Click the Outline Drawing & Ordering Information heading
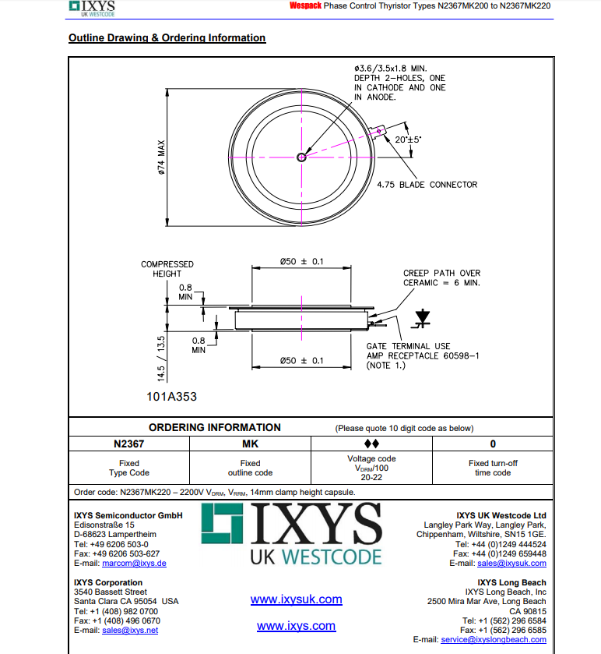pos(167,38)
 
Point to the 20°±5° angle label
pos(407,139)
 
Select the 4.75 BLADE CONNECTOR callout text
pos(427,185)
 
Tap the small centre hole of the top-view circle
pos(302,157)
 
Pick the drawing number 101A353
pos(171,396)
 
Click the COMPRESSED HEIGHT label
pos(167,269)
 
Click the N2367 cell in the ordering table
pos(129,444)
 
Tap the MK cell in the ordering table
pos(250,444)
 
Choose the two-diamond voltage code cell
pos(371,444)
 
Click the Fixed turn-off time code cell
pos(493,468)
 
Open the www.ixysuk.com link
pos(296,599)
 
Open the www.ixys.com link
pos(296,626)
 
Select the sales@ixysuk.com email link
pos(511,563)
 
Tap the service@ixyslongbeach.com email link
pos(493,639)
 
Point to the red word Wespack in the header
pos(305,5)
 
